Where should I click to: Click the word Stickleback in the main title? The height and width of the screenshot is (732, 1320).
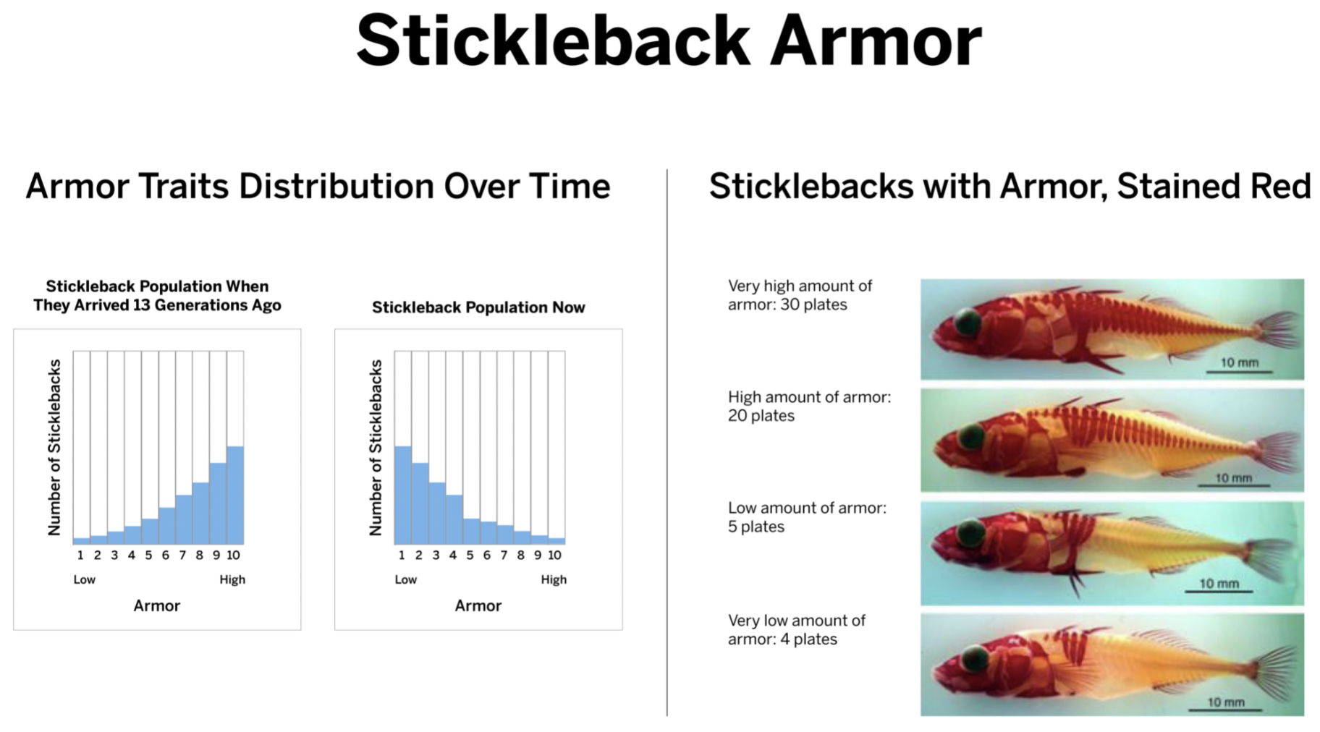(x=553, y=41)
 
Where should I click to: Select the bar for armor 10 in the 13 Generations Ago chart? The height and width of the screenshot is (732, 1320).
(x=235, y=495)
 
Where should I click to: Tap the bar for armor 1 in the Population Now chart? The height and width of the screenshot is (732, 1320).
(x=403, y=495)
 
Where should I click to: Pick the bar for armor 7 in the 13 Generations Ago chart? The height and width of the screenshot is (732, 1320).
(x=184, y=519)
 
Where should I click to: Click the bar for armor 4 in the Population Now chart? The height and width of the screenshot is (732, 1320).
(x=454, y=519)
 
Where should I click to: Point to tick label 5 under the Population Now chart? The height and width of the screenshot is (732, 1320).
(x=470, y=556)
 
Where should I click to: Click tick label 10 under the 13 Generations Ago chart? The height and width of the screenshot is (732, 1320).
(x=233, y=556)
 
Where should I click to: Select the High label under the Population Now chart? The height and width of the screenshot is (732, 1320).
(x=554, y=579)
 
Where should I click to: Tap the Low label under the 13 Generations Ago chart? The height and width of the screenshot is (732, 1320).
(x=84, y=579)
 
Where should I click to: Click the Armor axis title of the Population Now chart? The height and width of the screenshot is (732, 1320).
(x=478, y=606)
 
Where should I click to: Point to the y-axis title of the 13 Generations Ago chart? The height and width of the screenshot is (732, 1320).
(x=54, y=448)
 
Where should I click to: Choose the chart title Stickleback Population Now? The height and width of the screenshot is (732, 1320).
(x=478, y=307)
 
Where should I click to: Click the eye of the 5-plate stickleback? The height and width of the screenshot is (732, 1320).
(x=969, y=534)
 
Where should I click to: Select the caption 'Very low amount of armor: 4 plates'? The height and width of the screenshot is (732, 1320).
(x=797, y=630)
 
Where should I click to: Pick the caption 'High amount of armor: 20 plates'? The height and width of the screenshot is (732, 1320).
(x=809, y=407)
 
